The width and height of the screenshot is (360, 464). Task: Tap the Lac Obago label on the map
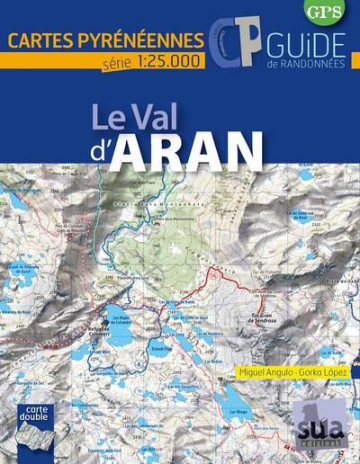click(x=238, y=411)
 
